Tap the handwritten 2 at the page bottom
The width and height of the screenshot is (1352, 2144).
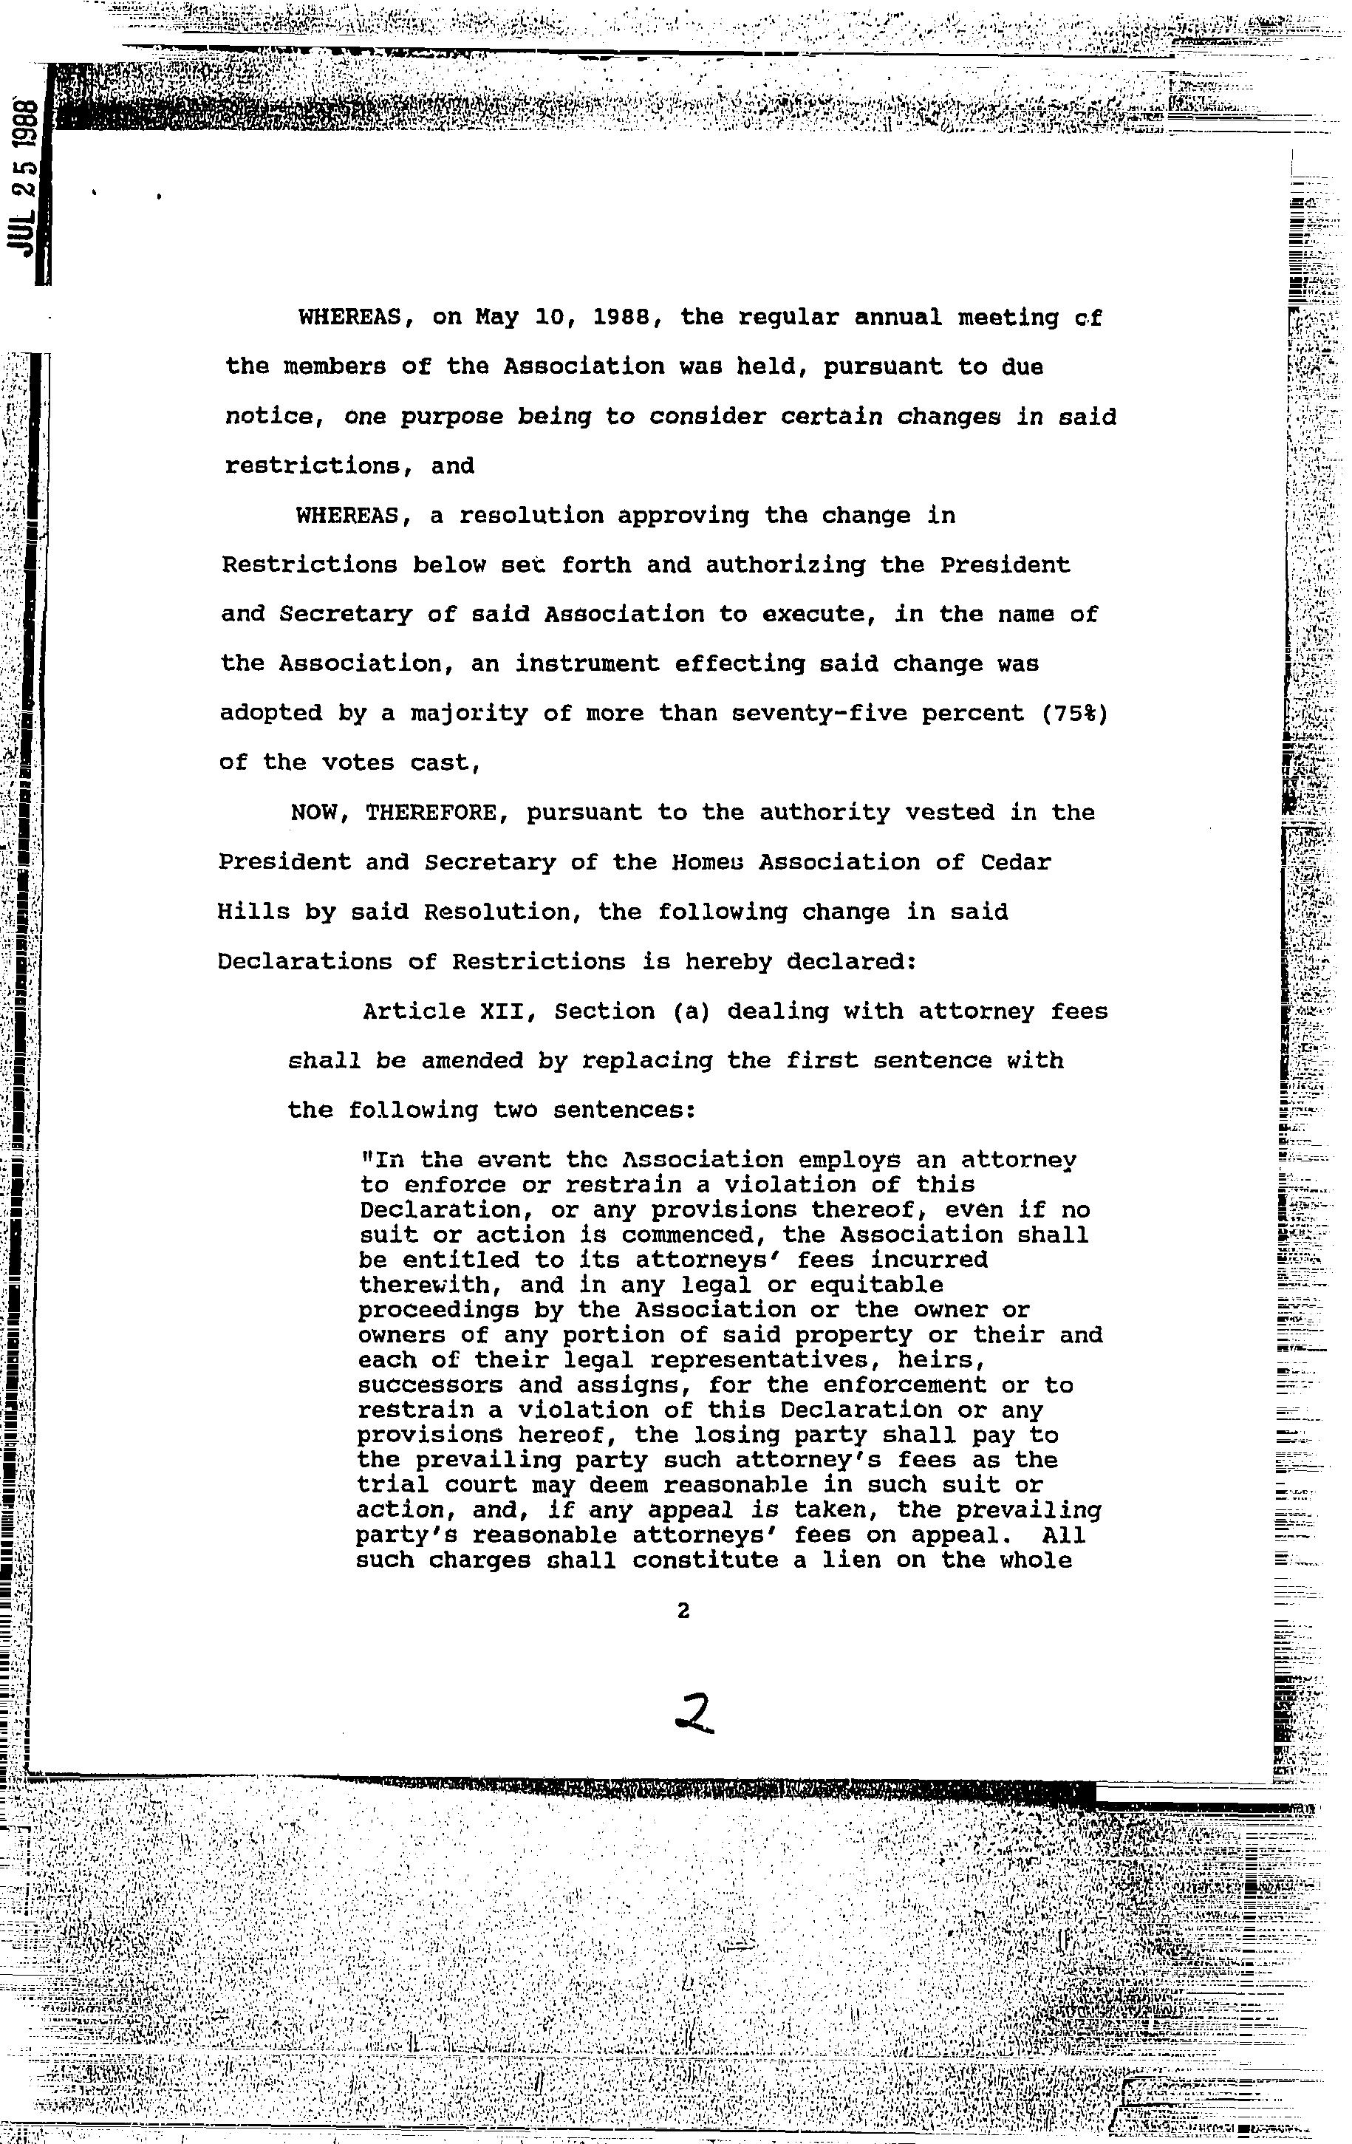coord(694,1713)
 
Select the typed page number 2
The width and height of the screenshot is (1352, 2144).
coord(683,1610)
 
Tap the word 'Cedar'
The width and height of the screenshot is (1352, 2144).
coord(1015,862)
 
